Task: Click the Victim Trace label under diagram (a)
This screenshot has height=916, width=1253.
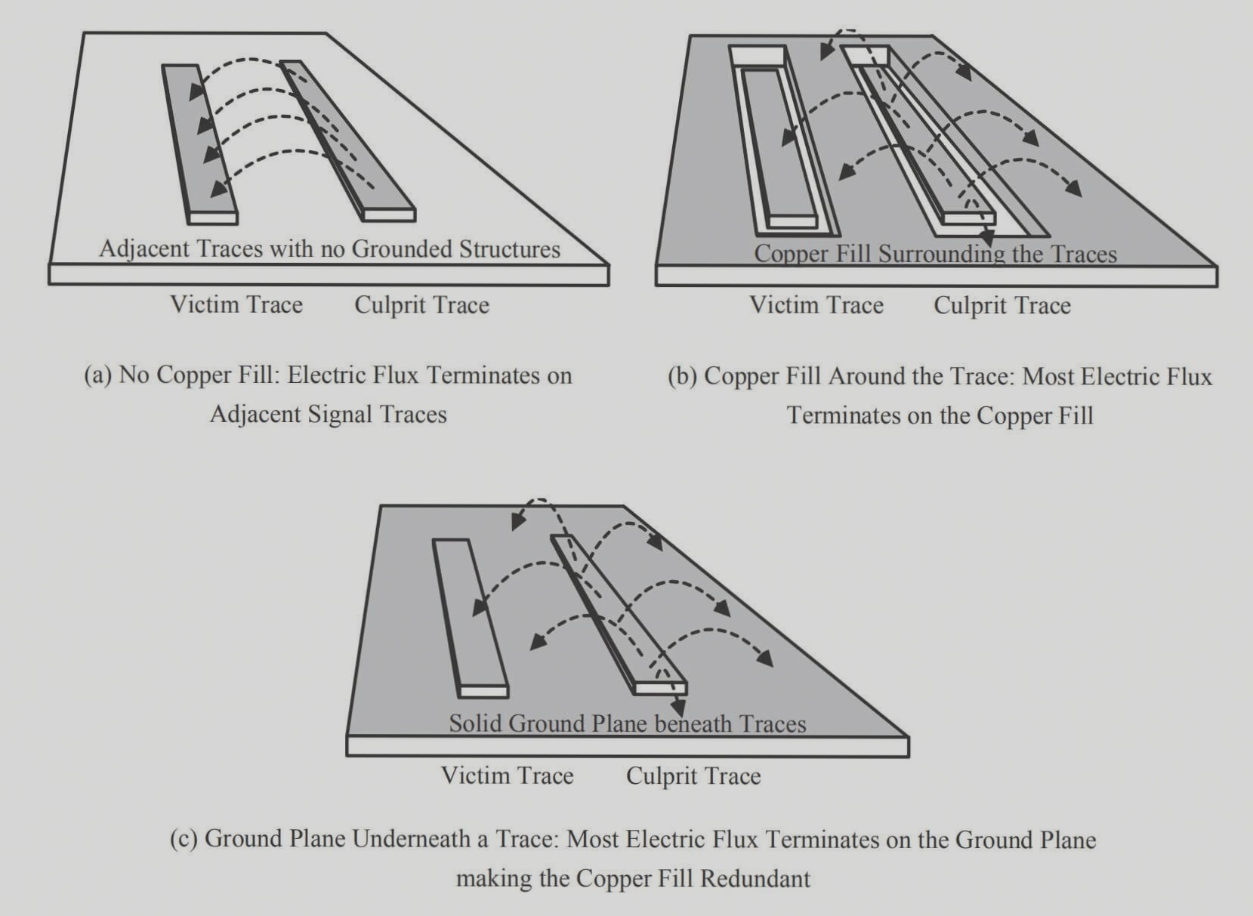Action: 236,304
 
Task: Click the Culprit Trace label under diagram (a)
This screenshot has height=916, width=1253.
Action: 421,305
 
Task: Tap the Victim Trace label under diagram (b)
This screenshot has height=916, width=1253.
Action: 816,305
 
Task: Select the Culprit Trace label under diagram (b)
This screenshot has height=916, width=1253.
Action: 1001,305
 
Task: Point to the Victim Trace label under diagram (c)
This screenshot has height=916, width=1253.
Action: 507,776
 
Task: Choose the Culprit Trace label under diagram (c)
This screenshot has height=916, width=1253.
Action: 693,776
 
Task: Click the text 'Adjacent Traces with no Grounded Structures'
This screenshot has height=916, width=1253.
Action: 329,249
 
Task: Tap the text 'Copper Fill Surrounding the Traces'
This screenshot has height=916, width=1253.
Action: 935,254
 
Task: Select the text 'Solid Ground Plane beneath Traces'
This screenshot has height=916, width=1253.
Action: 627,723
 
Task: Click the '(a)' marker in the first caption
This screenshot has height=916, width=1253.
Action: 98,375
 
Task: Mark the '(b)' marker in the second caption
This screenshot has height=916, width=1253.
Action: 683,376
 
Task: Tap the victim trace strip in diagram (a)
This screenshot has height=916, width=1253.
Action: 200,143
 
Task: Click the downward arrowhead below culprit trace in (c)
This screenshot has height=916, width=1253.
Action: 677,709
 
